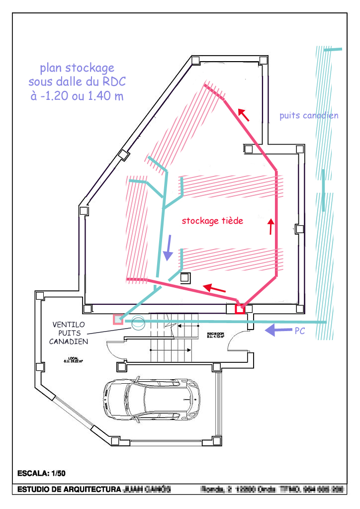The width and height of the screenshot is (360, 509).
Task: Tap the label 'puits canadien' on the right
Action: (309, 115)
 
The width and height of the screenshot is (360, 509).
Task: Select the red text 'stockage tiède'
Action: (212, 221)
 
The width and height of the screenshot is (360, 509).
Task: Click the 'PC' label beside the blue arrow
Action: (300, 331)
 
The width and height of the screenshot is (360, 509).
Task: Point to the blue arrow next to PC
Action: (277, 329)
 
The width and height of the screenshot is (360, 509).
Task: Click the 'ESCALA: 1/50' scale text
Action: (41, 473)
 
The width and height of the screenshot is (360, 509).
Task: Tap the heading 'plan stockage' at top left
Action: (77, 68)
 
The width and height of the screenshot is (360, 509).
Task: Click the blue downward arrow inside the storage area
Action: (169, 247)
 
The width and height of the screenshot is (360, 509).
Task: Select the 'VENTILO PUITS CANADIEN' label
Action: (69, 333)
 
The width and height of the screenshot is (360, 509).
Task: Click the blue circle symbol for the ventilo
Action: (137, 323)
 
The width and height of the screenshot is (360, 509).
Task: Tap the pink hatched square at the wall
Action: (118, 320)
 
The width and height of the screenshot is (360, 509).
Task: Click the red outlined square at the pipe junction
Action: (240, 309)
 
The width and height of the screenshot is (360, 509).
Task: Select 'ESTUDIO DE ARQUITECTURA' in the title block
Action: (69, 489)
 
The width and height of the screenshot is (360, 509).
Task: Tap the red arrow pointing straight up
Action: (271, 226)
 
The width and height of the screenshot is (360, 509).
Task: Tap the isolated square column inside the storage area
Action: (185, 277)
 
